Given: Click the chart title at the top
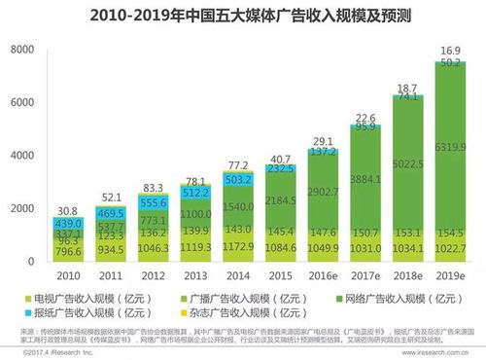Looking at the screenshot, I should [243, 17].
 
